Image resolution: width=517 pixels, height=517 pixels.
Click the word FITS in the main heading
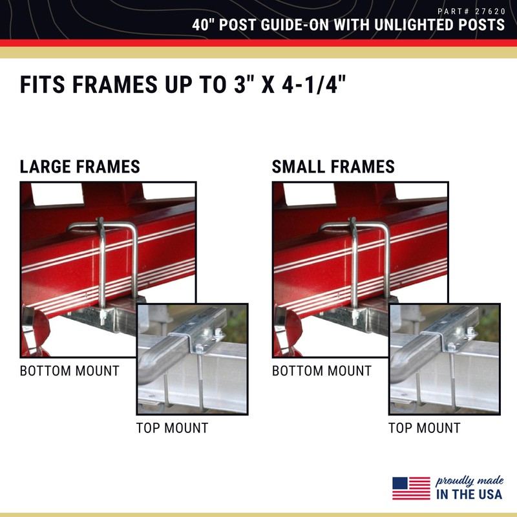(46, 85)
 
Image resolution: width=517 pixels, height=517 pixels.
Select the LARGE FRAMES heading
(79, 167)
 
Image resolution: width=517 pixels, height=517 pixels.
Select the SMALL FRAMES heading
(333, 167)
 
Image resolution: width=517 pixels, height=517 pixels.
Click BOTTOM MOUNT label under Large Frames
(70, 371)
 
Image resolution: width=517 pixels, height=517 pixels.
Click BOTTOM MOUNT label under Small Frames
(322, 371)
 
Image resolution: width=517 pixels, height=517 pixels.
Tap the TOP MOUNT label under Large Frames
(172, 428)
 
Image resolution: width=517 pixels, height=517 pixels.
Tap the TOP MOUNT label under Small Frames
(424, 428)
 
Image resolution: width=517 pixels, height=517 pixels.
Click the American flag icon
(411, 488)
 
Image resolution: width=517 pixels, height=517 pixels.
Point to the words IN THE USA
(469, 494)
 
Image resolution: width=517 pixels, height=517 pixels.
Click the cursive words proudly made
(469, 481)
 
